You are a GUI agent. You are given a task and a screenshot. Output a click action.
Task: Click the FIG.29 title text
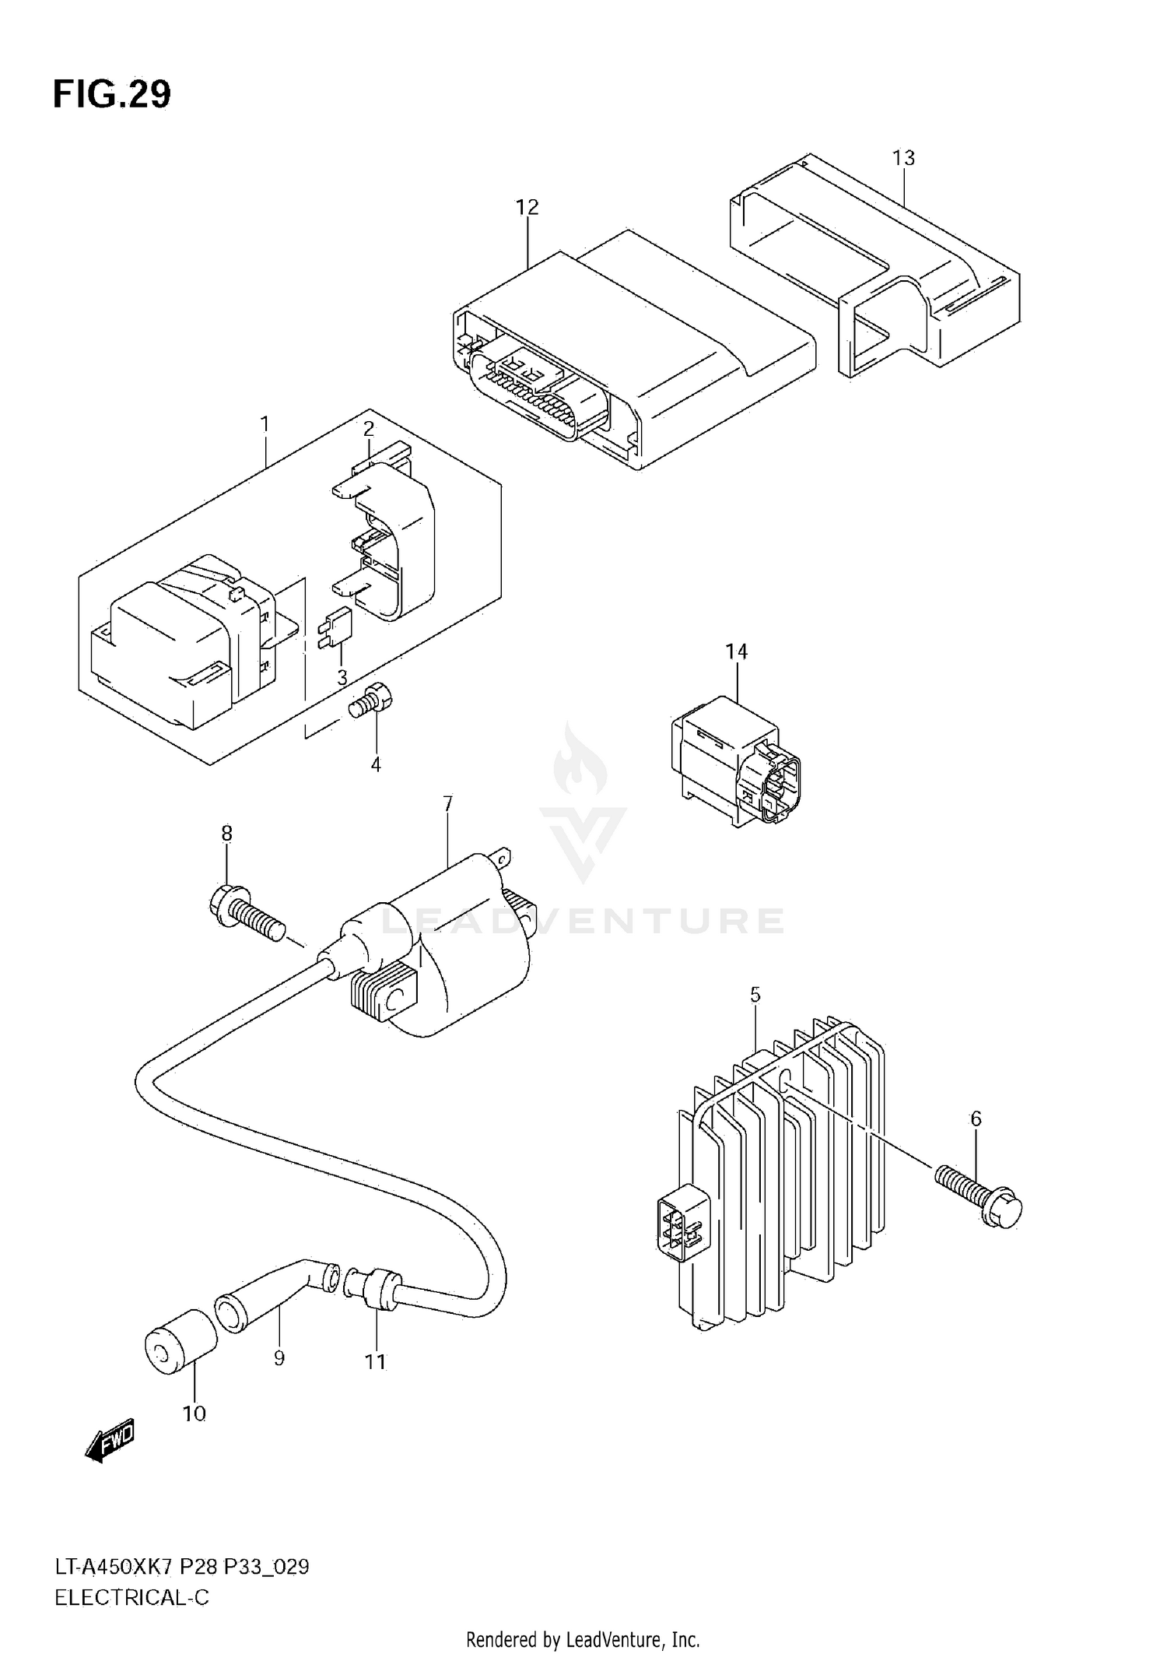pyautogui.click(x=112, y=95)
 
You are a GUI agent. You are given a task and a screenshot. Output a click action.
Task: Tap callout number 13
pyautogui.click(x=903, y=158)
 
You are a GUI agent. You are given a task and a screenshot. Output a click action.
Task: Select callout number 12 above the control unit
pyautogui.click(x=527, y=207)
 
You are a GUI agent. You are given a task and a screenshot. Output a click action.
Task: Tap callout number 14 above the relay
pyautogui.click(x=736, y=651)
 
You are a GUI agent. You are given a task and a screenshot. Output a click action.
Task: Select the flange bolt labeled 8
pyautogui.click(x=246, y=914)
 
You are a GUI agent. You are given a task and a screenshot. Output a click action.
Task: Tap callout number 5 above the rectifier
pyautogui.click(x=755, y=995)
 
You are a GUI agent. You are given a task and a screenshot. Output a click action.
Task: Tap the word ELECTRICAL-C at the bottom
pyautogui.click(x=131, y=1599)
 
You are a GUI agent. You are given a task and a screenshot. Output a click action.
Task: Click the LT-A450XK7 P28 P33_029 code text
pyautogui.click(x=181, y=1567)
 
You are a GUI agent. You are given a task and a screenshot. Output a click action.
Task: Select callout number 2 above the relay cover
pyautogui.click(x=369, y=429)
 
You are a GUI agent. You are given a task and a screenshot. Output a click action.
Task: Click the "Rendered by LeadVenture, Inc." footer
pyautogui.click(x=583, y=1639)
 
